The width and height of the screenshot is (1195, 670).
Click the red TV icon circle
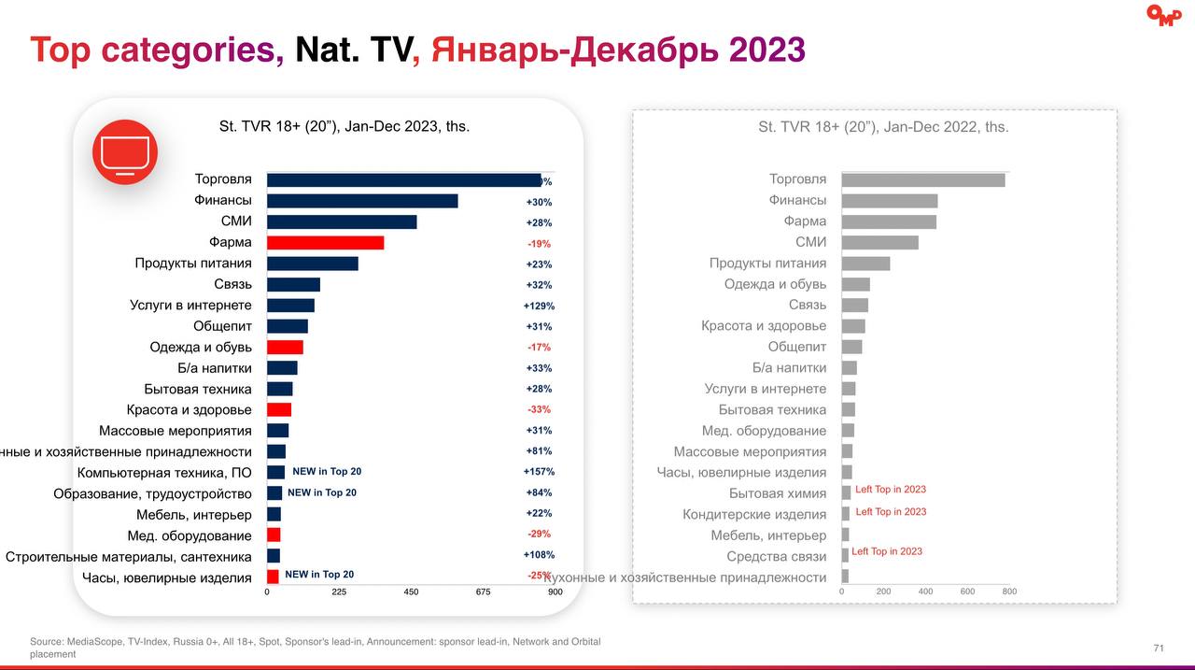point(125,151)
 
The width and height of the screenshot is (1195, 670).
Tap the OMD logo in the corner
point(1163,16)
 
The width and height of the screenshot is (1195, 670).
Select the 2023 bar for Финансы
point(362,201)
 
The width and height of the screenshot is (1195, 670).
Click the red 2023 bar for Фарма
point(325,243)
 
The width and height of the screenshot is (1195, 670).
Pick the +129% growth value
point(539,306)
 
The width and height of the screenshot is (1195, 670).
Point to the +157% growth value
point(539,472)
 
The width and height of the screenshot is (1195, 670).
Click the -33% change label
point(539,409)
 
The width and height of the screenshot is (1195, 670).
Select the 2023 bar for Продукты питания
point(312,264)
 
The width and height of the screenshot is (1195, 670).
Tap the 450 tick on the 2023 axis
point(411,592)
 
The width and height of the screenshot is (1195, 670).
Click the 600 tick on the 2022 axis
point(967,592)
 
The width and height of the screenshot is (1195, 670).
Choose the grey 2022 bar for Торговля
point(922,179)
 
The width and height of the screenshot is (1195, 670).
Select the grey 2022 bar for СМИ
point(879,242)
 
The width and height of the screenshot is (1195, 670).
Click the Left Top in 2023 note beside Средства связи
point(887,551)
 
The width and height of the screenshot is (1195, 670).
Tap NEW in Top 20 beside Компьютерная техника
point(327,472)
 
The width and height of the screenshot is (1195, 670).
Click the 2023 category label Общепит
point(222,326)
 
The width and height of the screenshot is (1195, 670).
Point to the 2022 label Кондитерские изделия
point(754,514)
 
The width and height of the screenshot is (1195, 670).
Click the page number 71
point(1159,648)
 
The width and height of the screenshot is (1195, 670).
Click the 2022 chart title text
point(883,127)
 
